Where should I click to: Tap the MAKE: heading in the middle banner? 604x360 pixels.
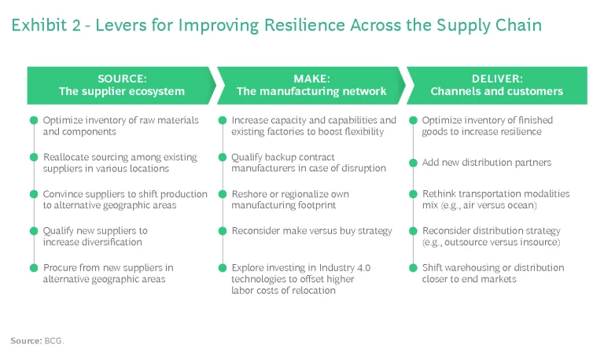[311, 79]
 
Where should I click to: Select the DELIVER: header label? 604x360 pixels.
[496, 79]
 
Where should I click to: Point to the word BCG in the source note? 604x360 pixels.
[54, 341]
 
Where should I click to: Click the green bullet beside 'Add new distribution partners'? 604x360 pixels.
[414, 163]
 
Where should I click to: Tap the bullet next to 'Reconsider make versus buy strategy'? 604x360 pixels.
[223, 231]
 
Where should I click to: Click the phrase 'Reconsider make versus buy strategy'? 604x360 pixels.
[311, 231]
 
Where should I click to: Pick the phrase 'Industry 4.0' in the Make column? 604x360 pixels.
[344, 268]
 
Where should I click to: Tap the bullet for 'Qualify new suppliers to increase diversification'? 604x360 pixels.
[34, 231]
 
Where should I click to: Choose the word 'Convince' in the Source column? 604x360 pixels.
[64, 194]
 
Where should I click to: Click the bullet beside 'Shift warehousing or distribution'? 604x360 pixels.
[414, 268]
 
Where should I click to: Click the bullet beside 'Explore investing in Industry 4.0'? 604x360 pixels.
[223, 268]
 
